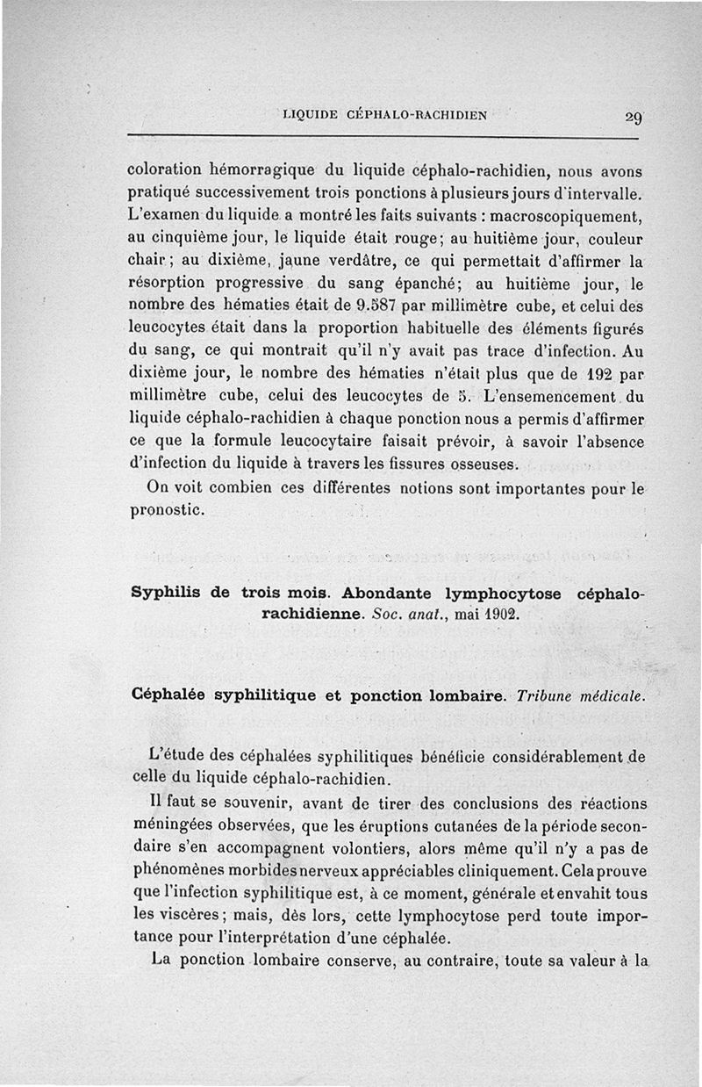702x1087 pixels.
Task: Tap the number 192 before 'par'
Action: (586, 375)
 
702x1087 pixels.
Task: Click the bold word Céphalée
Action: (168, 695)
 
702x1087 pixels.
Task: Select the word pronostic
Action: (167, 509)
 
